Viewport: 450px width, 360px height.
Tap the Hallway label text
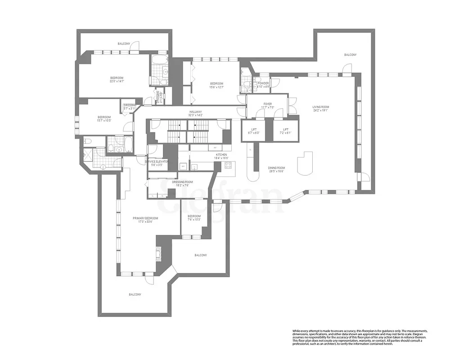tap(195, 113)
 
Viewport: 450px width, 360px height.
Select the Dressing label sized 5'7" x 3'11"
tap(130, 107)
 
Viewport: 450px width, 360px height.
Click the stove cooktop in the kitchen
tap(228, 165)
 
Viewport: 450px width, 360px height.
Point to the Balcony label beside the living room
tap(350, 54)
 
